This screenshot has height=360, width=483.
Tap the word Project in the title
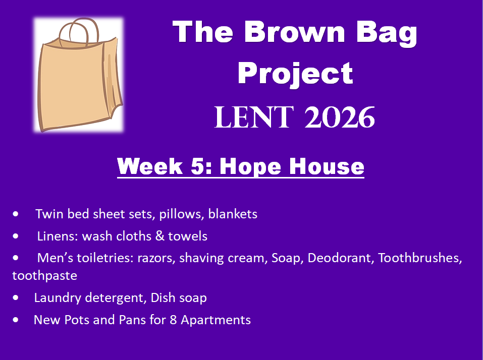(x=295, y=74)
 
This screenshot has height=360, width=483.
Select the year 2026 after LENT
(x=340, y=117)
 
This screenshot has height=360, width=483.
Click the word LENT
(x=254, y=117)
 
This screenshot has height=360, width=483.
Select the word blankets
(x=233, y=214)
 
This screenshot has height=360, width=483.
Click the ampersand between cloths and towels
(x=160, y=236)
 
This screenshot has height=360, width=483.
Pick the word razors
(x=156, y=258)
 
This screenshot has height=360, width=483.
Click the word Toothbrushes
(x=420, y=258)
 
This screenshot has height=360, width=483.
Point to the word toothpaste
(x=44, y=276)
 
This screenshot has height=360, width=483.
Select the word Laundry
(x=58, y=298)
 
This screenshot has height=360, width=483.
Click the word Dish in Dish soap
(x=163, y=297)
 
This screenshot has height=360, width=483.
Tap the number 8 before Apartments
(x=173, y=320)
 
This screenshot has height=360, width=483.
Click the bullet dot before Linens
(x=16, y=236)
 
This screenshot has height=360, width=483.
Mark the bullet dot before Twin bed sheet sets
(x=16, y=214)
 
